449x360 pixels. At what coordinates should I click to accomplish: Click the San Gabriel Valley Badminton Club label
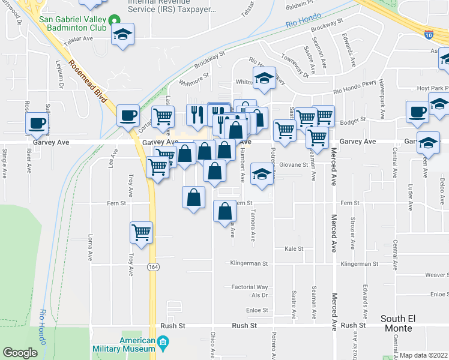coord(72,23)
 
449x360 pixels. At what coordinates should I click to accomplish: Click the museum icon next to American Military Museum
coord(162,344)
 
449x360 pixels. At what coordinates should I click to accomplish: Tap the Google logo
coord(20,353)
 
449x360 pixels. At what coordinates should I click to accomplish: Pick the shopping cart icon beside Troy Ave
coord(141,232)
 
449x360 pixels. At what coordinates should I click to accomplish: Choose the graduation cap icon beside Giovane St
coord(261,173)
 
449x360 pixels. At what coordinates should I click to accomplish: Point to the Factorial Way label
coord(250,287)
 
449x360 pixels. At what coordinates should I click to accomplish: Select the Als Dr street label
coord(259,296)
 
